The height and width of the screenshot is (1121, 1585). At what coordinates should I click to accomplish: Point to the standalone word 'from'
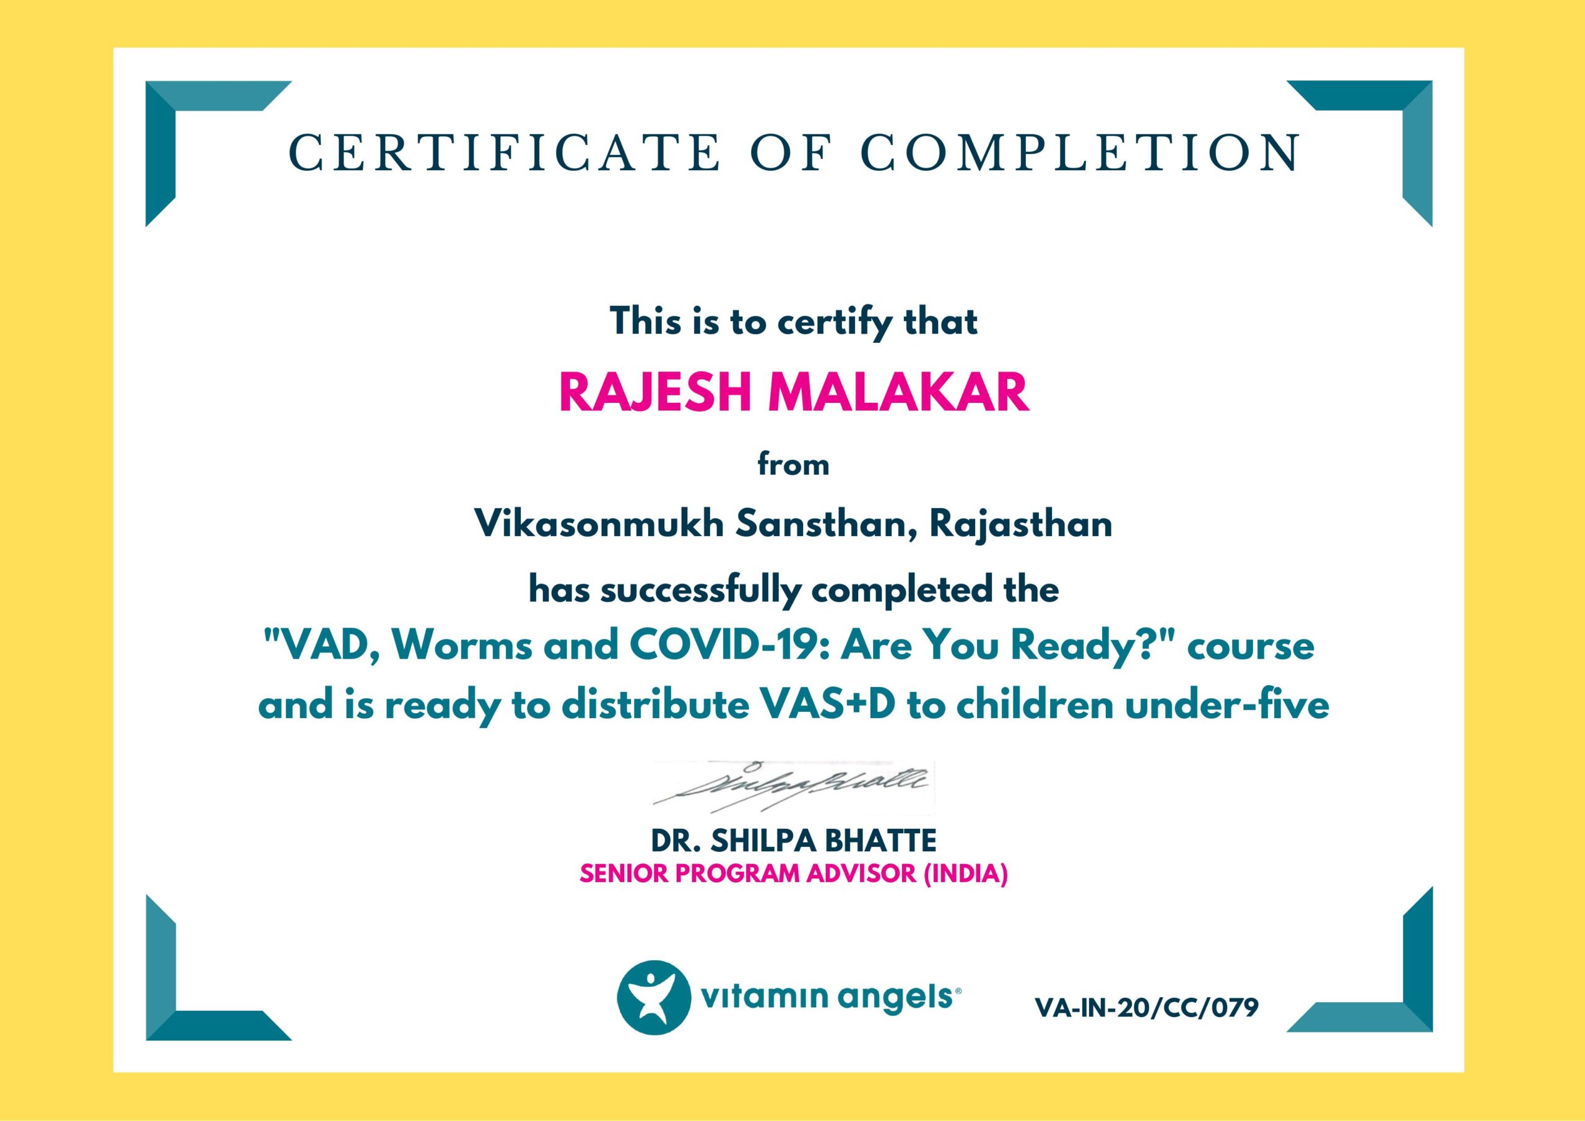coord(793,464)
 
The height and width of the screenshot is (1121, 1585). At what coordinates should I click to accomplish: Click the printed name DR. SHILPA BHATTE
coord(794,841)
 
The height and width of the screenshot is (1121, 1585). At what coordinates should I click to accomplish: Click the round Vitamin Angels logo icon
coord(653,997)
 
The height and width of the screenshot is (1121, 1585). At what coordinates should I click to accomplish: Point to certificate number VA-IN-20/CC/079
coord(1147,1008)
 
